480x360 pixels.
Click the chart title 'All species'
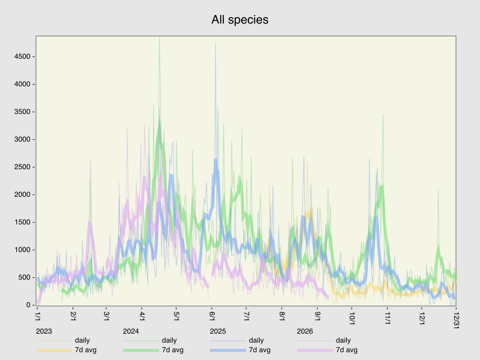pos(240,20)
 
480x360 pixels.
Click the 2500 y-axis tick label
pos(22,167)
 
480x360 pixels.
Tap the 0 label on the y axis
pos(28,305)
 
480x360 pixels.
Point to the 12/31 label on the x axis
pos(456,320)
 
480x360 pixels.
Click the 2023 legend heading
pos(44,331)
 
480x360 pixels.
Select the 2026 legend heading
pos(305,331)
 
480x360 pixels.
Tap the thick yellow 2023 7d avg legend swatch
pos(54,350)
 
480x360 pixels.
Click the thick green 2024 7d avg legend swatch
pos(141,350)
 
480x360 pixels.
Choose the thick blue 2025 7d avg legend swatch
pos(228,350)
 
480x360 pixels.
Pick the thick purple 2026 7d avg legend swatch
pos(314,350)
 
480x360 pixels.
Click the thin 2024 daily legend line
pos(141,341)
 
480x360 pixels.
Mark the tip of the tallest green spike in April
pos(159,37)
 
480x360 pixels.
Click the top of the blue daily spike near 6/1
pos(215,43)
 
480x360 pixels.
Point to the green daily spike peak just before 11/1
pos(383,115)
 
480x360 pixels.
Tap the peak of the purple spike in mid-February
pos(91,159)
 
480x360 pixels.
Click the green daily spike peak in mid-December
pos(438,190)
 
